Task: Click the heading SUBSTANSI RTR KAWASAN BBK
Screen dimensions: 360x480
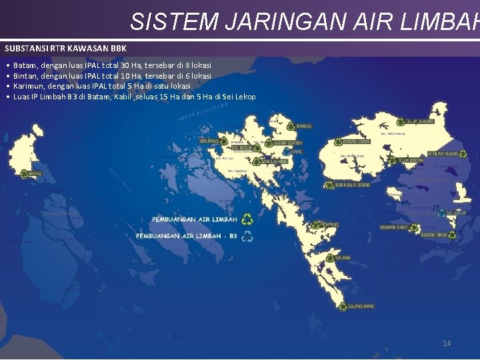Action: tap(65, 49)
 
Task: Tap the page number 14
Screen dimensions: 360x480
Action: tap(447, 343)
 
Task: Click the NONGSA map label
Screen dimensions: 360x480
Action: tap(303, 126)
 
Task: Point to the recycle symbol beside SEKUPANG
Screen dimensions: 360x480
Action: tap(225, 141)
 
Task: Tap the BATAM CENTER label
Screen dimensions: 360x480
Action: tap(289, 143)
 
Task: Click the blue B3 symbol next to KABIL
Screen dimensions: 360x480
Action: tap(286, 152)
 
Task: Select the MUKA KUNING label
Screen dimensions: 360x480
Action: tap(275, 161)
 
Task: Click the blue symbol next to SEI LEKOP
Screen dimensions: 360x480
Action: tap(441, 213)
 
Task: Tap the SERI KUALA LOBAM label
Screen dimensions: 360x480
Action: tap(353, 185)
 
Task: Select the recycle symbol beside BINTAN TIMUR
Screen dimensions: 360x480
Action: tap(453, 235)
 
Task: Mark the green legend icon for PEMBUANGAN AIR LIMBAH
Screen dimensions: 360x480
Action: tap(247, 219)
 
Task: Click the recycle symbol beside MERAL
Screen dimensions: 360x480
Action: tap(24, 173)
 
